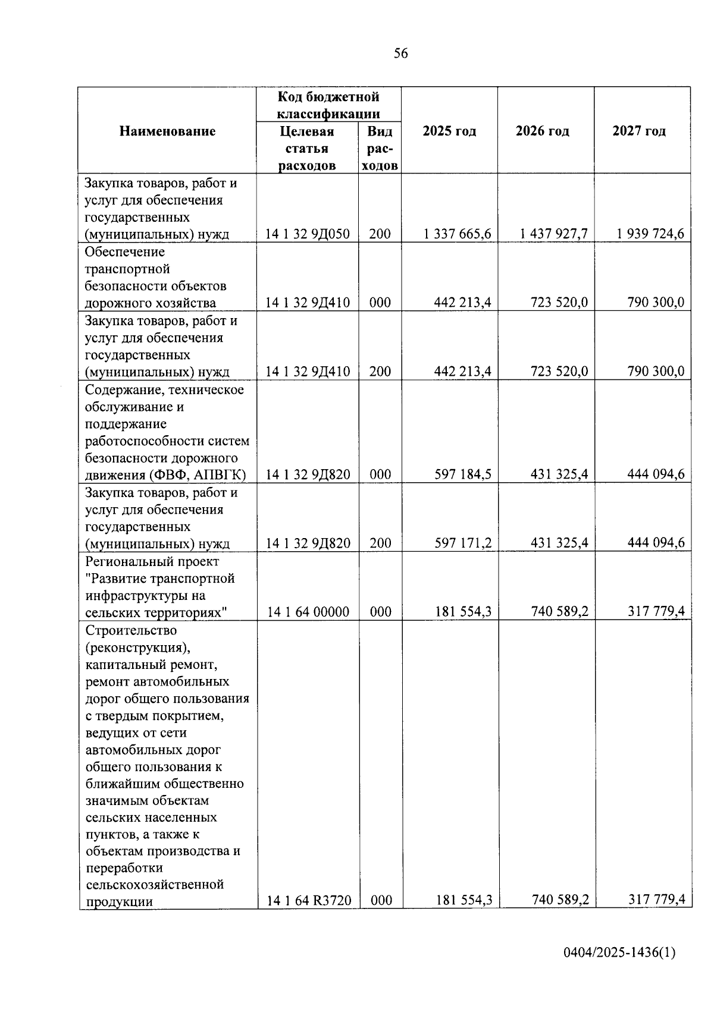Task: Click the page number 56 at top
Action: pos(401,54)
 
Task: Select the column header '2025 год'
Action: pos(449,131)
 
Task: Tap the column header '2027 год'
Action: pos(639,131)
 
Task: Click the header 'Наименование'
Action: pos(167,131)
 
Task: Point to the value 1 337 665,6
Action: pos(458,234)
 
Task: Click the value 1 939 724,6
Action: pos(650,234)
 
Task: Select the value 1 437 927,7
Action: pos(553,234)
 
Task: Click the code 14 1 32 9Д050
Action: pos(308,234)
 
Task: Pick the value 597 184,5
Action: pos(463,474)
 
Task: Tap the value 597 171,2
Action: pos(463,543)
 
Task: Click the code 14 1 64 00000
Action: pos(308,612)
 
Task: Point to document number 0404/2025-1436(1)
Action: pos(619,953)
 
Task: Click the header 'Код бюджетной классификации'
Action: pos(328,105)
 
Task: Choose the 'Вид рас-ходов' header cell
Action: pos(380,148)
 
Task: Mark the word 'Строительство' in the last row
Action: pos(131,630)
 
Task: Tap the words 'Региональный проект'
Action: pos(152,561)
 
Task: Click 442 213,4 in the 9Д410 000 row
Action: pos(463,303)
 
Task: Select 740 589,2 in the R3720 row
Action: pos(560,900)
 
